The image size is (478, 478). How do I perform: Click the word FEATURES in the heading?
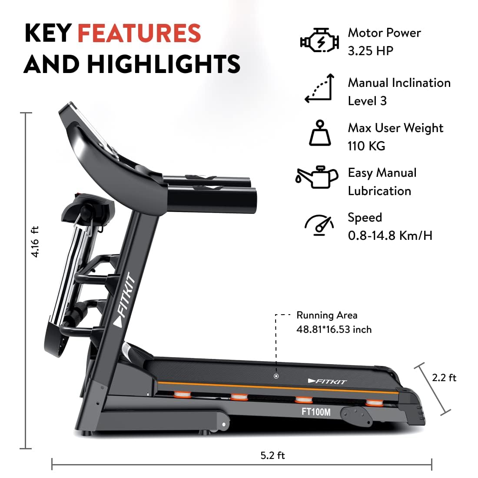(x=139, y=33)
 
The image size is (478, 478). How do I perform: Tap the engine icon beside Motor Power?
(x=319, y=42)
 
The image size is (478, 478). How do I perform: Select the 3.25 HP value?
(x=370, y=51)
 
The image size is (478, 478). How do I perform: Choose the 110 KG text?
(x=366, y=146)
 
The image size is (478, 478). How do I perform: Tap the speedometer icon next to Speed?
(x=319, y=225)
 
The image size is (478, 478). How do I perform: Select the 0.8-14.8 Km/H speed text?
(x=390, y=236)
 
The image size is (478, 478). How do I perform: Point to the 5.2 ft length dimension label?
(x=272, y=455)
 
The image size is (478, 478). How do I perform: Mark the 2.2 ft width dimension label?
(x=444, y=378)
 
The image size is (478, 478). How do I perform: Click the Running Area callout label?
(x=327, y=315)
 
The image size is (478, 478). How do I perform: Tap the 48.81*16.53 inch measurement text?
(x=334, y=330)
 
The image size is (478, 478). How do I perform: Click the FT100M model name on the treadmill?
(x=316, y=411)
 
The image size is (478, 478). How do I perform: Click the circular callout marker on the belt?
(x=276, y=376)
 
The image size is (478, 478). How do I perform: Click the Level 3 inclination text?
(x=367, y=101)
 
